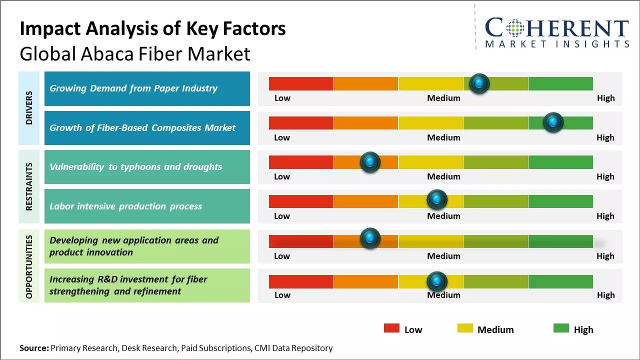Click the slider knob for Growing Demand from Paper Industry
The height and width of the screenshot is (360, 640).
tap(479, 83)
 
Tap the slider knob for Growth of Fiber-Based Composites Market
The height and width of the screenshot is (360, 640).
tap(553, 122)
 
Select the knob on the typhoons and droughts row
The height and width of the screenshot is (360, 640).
tap(370, 162)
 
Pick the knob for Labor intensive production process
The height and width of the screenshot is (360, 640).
tap(436, 200)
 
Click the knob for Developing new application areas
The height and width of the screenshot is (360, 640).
tap(370, 238)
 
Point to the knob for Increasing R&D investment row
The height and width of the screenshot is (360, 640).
tap(436, 281)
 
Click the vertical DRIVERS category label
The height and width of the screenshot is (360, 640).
tap(29, 107)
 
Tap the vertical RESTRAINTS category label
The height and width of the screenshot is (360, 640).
tap(29, 186)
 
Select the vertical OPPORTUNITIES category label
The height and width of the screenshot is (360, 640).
tap(29, 266)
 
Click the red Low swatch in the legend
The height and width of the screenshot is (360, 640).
tap(391, 328)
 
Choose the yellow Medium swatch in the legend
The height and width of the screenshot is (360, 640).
tap(465, 328)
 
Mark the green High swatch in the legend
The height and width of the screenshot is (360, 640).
tap(561, 328)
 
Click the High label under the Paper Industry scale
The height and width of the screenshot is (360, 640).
tap(605, 98)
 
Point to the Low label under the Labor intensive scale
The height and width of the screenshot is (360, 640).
tap(282, 216)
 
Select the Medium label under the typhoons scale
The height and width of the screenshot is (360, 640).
tap(443, 176)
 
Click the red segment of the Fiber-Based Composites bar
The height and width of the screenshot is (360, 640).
tap(301, 122)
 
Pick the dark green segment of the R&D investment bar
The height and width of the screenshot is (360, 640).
tap(560, 281)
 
